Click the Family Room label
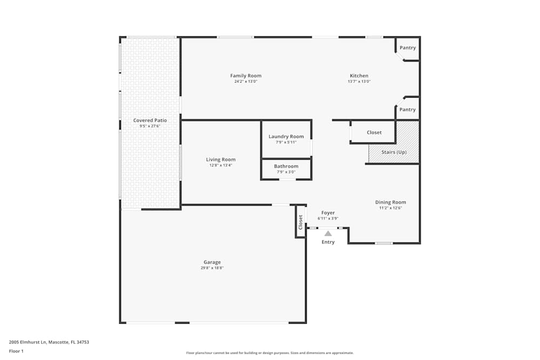tap(246, 76)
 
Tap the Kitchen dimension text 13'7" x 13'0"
tap(359, 81)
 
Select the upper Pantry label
tap(408, 47)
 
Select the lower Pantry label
tap(408, 110)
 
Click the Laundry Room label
tap(286, 137)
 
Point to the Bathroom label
tap(286, 166)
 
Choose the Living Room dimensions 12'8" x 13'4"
tap(221, 165)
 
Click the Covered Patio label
tap(150, 120)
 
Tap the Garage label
tap(212, 262)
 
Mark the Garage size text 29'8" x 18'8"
tap(212, 268)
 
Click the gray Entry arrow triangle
tap(328, 233)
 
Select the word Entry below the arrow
tap(328, 242)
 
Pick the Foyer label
tap(328, 213)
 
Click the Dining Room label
tap(390, 202)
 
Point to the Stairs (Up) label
tap(394, 152)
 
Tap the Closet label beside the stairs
tap(374, 132)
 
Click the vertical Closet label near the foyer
tap(301, 222)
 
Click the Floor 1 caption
tap(16, 351)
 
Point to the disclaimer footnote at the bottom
tap(270, 352)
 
